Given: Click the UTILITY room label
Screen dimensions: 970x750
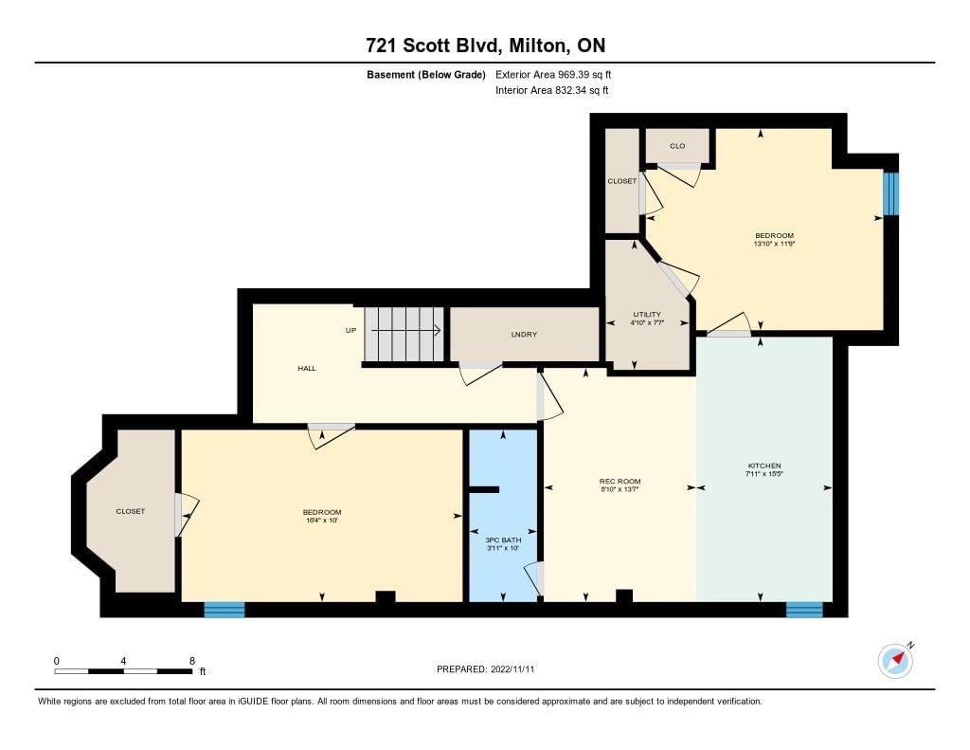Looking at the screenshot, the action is click(647, 314).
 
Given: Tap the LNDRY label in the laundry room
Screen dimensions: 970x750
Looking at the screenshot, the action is click(524, 335).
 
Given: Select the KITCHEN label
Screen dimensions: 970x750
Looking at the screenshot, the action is click(764, 466).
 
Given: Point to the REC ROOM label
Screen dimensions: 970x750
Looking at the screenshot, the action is click(620, 482).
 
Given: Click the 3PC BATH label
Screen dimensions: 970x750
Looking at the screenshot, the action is click(504, 540).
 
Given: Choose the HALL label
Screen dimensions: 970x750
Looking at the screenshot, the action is click(307, 369).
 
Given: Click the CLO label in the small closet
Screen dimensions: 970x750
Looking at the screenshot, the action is click(677, 146).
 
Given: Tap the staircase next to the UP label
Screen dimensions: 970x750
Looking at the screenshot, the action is click(404, 333).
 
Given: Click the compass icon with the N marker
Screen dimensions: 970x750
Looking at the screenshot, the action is click(896, 660).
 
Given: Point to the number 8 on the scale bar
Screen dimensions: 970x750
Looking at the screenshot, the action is click(192, 661).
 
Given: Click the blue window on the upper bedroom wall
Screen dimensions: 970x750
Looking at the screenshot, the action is click(890, 193).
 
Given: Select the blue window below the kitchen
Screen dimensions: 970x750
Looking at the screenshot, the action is click(804, 610).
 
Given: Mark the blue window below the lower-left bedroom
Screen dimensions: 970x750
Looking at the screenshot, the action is click(225, 610).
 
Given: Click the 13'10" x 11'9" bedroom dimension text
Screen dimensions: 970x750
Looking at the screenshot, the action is click(774, 244).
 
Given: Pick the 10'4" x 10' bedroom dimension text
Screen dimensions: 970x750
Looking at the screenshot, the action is click(322, 521).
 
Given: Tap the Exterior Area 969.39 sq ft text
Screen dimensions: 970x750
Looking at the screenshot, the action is click(553, 74).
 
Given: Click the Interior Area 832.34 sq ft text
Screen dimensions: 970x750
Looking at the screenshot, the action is click(552, 90).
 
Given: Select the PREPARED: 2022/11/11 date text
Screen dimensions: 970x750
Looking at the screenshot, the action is click(486, 669).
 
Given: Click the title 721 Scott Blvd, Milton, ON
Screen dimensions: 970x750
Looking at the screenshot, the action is click(486, 46).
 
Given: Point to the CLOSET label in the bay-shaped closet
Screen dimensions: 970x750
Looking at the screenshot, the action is click(131, 512).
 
